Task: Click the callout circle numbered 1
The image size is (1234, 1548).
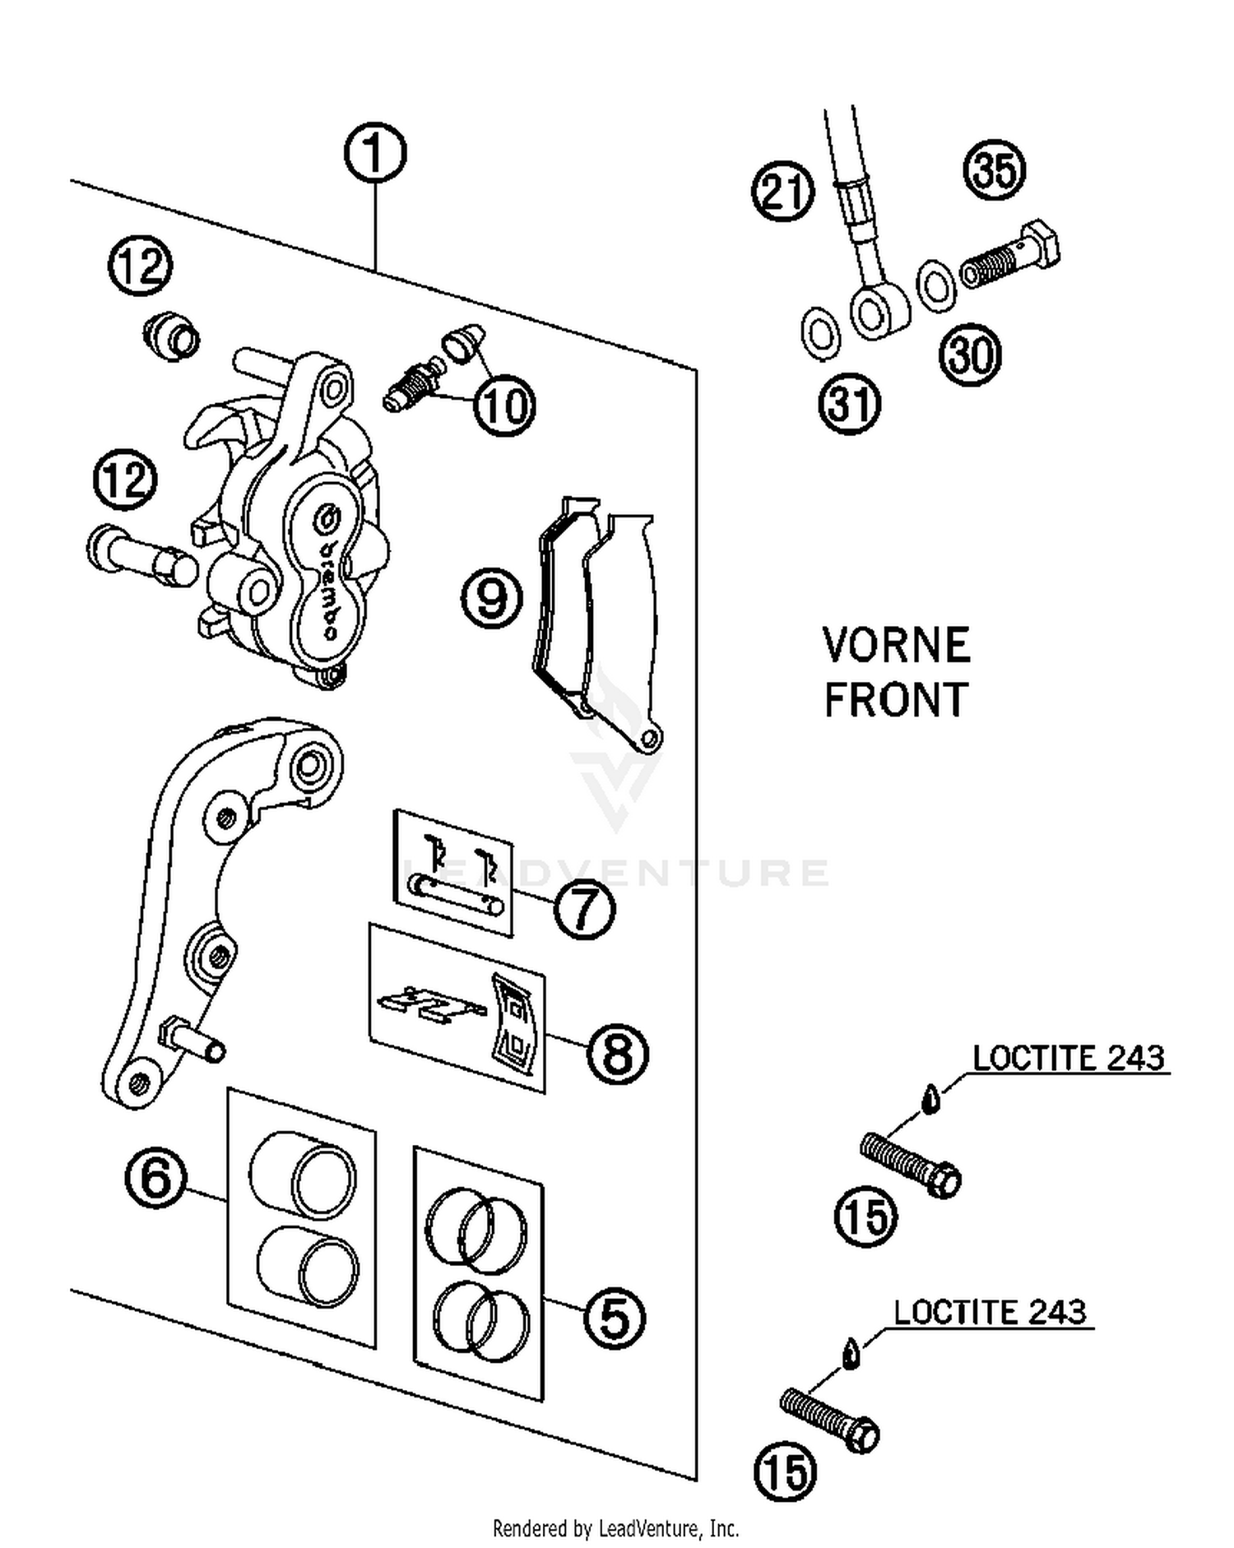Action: pos(374,152)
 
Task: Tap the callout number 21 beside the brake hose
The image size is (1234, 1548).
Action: pos(782,191)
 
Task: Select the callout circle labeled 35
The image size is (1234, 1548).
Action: pos(994,170)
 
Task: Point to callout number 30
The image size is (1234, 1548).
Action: pos(970,355)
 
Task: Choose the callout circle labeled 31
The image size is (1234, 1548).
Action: pos(849,404)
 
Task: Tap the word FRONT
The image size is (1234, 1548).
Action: pos(896,700)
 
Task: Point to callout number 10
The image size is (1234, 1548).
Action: pos(503,405)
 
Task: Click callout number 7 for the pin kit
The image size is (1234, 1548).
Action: pos(584,908)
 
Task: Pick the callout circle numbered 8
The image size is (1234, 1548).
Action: pos(617,1054)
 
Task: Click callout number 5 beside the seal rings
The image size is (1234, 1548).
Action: pos(614,1318)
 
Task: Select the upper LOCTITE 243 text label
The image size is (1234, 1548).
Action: pos(1068,1058)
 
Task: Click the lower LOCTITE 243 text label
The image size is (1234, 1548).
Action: pos(990,1311)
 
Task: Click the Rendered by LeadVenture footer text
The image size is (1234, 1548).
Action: pos(615,1528)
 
